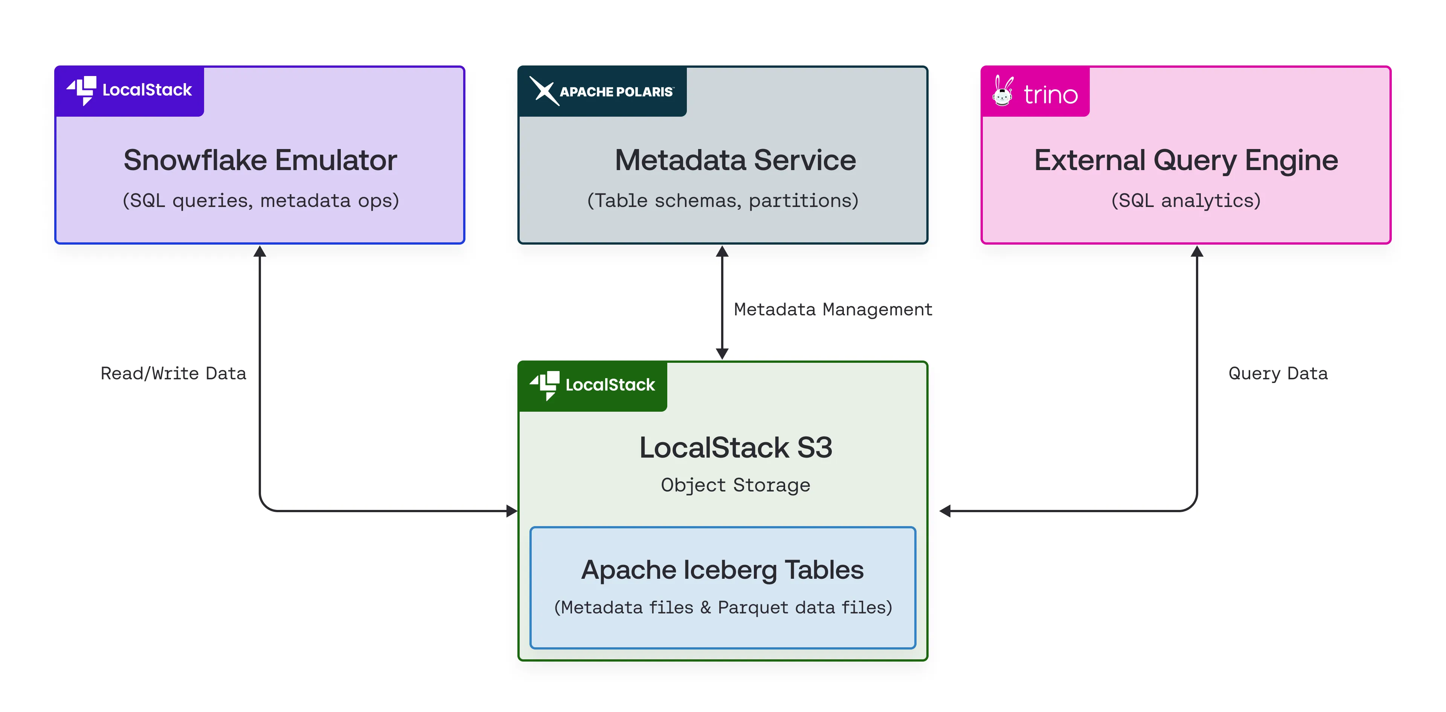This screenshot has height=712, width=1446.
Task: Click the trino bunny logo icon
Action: pos(1002,91)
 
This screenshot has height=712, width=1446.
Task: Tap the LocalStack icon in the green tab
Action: pos(545,385)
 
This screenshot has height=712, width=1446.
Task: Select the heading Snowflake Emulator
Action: pos(260,160)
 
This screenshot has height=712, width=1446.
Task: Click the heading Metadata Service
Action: pos(735,160)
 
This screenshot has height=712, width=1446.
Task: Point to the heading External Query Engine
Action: pos(1185,160)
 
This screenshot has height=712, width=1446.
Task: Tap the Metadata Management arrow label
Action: pos(833,309)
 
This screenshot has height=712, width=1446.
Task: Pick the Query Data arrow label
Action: pos(1278,373)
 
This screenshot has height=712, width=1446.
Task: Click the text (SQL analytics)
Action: pos(1185,200)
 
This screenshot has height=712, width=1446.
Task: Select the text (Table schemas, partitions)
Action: pos(723,200)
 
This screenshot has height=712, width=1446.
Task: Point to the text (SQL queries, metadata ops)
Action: pos(261,200)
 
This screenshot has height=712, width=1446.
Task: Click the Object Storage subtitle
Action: pos(735,485)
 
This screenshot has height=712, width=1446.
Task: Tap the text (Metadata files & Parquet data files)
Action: pos(723,607)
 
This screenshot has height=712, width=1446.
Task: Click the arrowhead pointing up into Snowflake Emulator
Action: pos(259,251)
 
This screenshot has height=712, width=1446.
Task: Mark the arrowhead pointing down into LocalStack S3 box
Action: pos(723,353)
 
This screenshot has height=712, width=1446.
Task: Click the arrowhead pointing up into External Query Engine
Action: pos(1197,251)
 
